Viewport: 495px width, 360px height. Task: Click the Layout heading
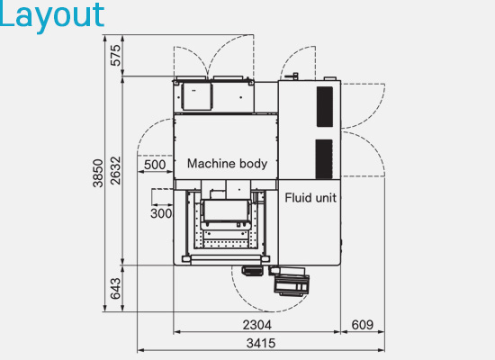[52, 16]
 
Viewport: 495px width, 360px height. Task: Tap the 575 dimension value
[116, 55]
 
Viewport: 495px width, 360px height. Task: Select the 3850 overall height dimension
[98, 173]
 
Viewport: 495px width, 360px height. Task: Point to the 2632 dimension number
[116, 170]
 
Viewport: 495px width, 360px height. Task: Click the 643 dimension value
[115, 288]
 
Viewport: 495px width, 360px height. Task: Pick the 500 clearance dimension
[155, 165]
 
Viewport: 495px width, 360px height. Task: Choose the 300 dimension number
[161, 213]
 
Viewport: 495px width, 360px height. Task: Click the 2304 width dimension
[257, 325]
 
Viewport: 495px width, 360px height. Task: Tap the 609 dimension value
[363, 325]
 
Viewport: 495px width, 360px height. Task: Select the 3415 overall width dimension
[261, 343]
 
